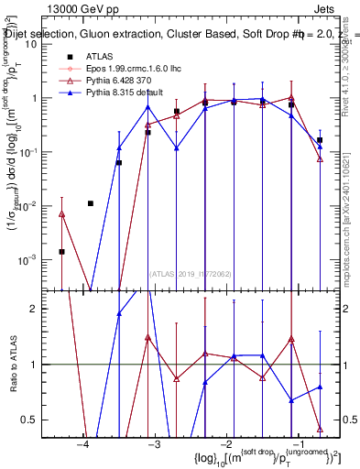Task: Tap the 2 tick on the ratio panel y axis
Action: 41,309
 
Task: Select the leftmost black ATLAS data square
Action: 61,251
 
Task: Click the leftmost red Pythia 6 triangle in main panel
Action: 61,214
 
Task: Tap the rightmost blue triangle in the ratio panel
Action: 320,387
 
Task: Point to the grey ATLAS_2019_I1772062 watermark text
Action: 191,273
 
